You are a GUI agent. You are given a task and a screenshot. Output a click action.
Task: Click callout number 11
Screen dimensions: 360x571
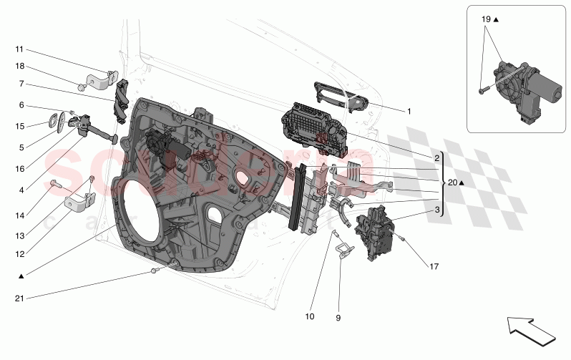[19, 49]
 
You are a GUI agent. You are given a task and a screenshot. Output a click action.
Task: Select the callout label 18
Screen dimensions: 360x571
[19, 66]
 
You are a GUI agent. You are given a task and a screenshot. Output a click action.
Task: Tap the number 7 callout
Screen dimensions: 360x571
[22, 83]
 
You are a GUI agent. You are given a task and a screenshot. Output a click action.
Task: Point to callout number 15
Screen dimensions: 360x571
[19, 126]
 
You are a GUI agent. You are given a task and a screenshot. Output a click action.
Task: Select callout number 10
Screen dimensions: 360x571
[310, 316]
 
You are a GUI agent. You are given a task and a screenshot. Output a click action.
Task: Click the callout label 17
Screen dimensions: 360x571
[434, 268]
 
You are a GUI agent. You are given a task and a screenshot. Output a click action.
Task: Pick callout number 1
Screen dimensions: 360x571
[409, 111]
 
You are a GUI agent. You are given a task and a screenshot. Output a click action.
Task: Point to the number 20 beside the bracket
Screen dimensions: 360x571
[452, 183]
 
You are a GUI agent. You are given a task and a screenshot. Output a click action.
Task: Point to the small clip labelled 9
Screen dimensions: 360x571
[346, 250]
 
